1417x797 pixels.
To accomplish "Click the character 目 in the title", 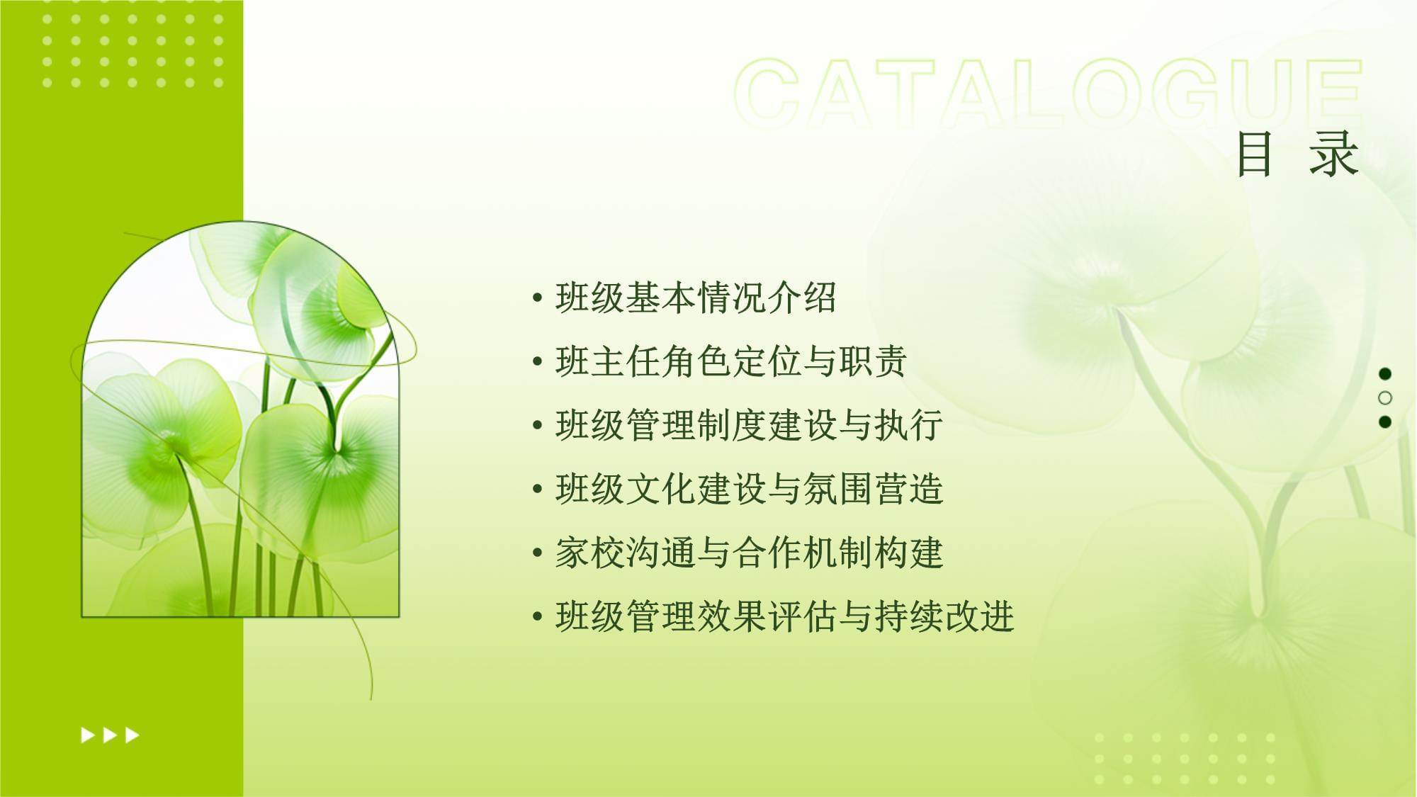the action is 1254,154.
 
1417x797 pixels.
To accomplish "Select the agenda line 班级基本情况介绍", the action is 696,298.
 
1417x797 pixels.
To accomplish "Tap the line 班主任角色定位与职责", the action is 731,361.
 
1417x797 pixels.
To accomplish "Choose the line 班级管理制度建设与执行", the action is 749,425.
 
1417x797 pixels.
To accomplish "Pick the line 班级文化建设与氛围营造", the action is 749,489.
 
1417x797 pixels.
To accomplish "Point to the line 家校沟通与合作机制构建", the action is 749,553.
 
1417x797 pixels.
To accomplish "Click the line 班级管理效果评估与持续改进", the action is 784,616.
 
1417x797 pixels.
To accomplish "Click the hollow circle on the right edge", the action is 1385,397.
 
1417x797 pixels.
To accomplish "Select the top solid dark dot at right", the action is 1385,373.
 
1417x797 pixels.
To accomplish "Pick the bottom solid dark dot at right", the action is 1385,422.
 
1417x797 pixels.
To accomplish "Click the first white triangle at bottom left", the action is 88,735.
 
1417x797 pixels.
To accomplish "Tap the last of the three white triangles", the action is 132,735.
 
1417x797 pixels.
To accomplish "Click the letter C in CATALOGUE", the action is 768,93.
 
